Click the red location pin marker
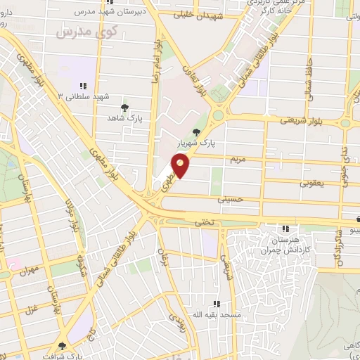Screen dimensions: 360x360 tap(181, 166)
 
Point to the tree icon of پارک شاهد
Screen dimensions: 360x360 tap(124, 107)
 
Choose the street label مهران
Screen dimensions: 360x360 tap(28, 271)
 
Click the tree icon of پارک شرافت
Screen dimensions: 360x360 tap(63, 346)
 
